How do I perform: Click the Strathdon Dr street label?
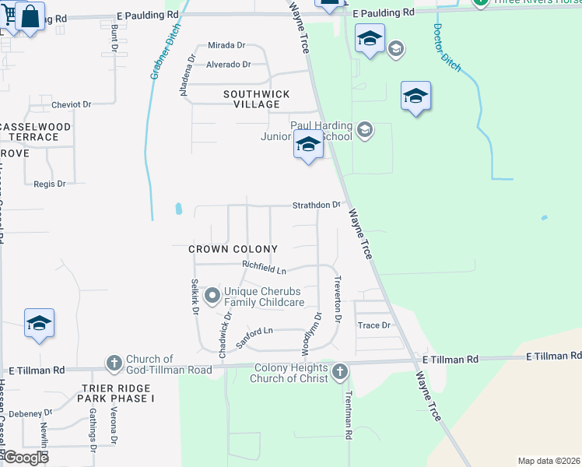(317, 205)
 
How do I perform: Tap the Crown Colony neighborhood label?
(233, 249)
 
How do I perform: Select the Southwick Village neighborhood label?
(246, 99)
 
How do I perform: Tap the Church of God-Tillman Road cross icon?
(114, 363)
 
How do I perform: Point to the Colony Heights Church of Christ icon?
(339, 372)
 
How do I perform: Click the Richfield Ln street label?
(264, 267)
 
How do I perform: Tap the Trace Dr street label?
(373, 325)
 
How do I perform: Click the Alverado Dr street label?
(229, 65)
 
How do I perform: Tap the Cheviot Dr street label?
(72, 104)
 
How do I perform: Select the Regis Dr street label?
(50, 184)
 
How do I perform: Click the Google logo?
(25, 458)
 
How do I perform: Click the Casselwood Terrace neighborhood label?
(36, 131)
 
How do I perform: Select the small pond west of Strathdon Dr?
(179, 209)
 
